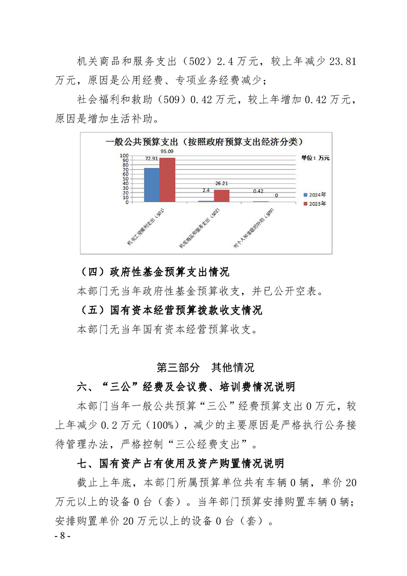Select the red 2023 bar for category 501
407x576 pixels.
click(x=167, y=180)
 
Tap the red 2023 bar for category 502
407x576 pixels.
click(x=222, y=196)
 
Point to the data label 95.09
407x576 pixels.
click(x=167, y=151)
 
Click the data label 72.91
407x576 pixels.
click(x=151, y=160)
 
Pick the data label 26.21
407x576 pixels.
click(x=222, y=183)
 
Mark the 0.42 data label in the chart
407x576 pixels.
click(x=258, y=191)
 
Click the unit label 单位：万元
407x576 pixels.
click(x=315, y=158)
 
